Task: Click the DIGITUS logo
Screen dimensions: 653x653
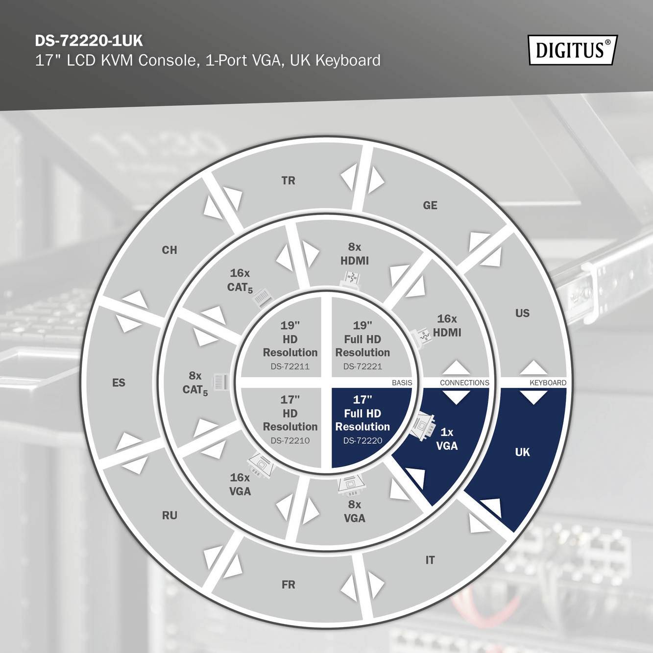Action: coord(572,50)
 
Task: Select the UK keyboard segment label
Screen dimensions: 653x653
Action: coord(522,452)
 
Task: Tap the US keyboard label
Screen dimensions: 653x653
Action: coord(522,313)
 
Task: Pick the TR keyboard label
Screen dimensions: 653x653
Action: coord(289,181)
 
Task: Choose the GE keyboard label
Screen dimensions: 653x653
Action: coord(430,205)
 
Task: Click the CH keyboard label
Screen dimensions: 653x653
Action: coord(169,250)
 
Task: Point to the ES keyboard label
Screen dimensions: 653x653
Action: coord(119,383)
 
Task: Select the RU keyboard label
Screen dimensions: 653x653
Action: coord(169,515)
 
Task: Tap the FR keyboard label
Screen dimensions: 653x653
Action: coord(289,584)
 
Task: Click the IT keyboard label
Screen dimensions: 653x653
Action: coord(430,560)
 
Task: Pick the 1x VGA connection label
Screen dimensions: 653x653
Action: coord(447,439)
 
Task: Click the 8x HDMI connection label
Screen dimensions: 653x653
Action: coord(355,254)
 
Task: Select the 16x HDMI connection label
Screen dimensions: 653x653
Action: coord(447,326)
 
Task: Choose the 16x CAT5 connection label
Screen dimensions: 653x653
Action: coord(240,280)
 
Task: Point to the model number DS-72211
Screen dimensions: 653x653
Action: coord(290,366)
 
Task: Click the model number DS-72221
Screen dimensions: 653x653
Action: coord(363,366)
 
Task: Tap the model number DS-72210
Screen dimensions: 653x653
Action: coord(290,440)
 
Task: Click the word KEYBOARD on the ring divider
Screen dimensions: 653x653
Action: coord(548,383)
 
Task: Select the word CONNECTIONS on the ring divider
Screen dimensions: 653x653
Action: coord(464,383)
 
